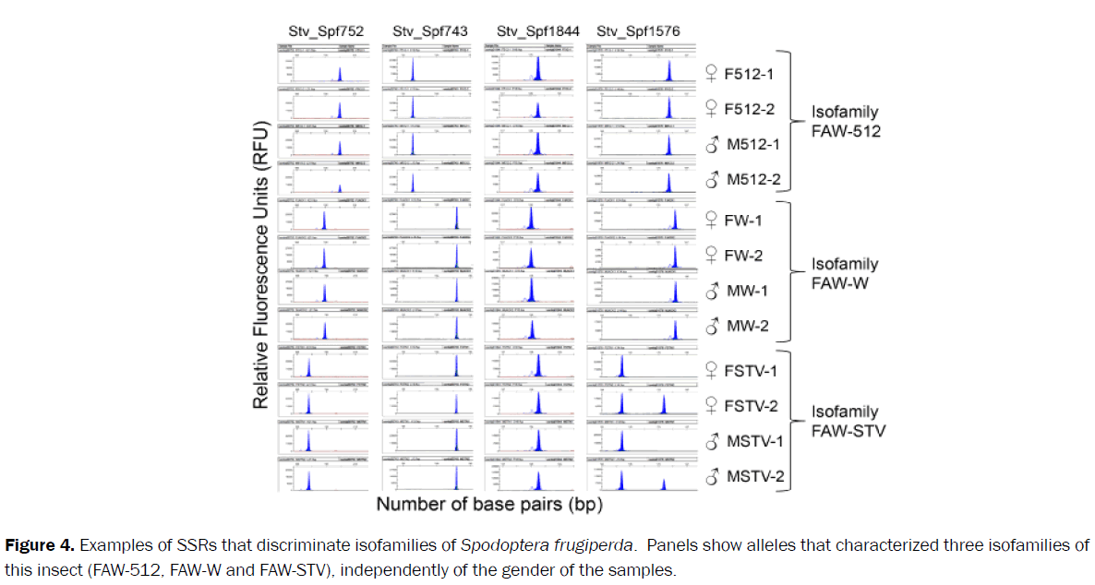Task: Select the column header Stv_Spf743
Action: pos(429,31)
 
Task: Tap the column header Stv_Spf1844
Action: pos(537,31)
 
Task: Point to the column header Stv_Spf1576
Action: pos(638,31)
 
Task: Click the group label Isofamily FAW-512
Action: pos(846,121)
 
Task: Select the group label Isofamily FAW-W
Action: pos(845,273)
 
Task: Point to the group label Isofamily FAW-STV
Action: pos(848,421)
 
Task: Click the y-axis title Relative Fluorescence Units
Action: pos(261,265)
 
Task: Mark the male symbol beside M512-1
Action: pos(712,145)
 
